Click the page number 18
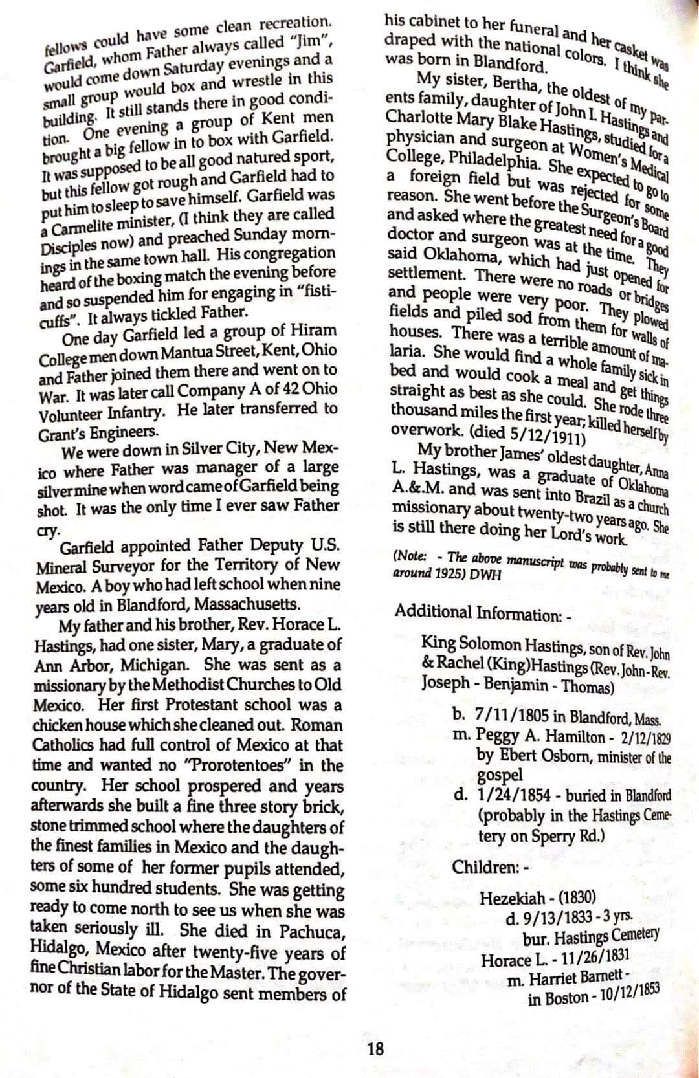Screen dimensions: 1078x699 375,1048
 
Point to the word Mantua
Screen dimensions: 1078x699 216,351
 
